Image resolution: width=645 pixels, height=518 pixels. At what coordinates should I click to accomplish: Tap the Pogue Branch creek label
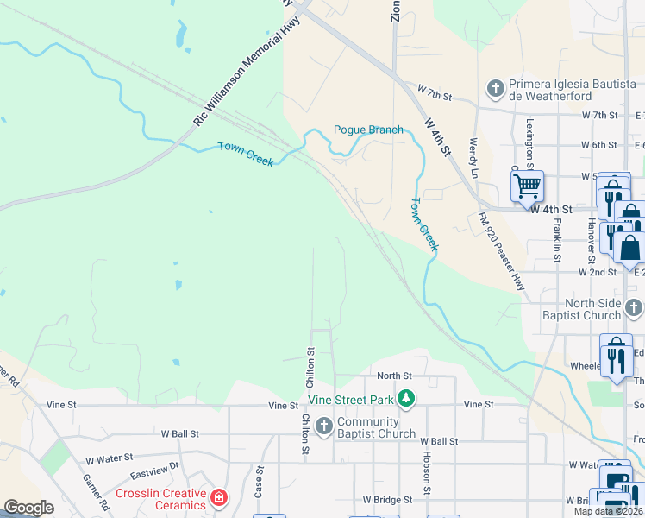[368, 129]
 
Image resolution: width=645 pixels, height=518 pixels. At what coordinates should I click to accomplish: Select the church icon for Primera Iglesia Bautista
[496, 88]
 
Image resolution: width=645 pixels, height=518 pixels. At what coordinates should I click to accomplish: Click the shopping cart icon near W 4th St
[527, 186]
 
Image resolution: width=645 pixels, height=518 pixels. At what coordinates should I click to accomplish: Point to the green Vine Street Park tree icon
[405, 398]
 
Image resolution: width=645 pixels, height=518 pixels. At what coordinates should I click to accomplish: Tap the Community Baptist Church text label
[376, 427]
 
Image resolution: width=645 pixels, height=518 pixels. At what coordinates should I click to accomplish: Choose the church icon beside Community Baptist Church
[323, 426]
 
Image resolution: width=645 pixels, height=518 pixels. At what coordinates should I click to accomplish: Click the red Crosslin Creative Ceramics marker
[219, 498]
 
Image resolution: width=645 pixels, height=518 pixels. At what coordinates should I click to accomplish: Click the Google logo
[28, 508]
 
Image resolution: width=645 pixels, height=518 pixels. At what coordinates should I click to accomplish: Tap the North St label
[395, 376]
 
